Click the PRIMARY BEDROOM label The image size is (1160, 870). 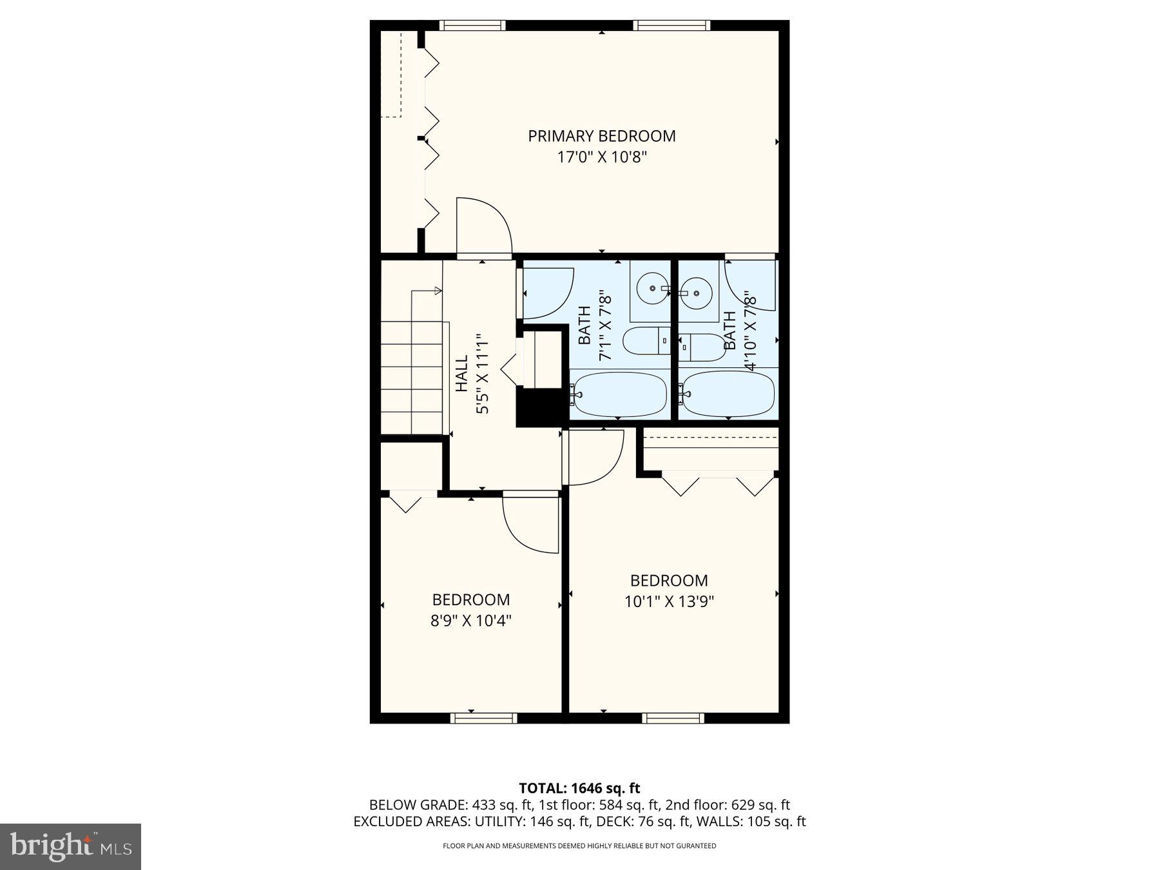[x=601, y=136]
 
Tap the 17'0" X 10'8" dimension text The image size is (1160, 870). [x=601, y=157]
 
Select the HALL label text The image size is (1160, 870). [x=462, y=374]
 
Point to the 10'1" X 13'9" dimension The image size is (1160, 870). [x=669, y=602]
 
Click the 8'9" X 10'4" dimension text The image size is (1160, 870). [x=470, y=621]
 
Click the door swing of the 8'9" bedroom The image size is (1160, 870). [x=530, y=523]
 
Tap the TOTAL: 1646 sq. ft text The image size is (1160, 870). [x=579, y=788]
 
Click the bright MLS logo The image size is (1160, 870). [x=70, y=846]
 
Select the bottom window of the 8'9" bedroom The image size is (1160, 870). [x=483, y=717]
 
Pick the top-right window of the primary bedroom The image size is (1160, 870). [x=671, y=26]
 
